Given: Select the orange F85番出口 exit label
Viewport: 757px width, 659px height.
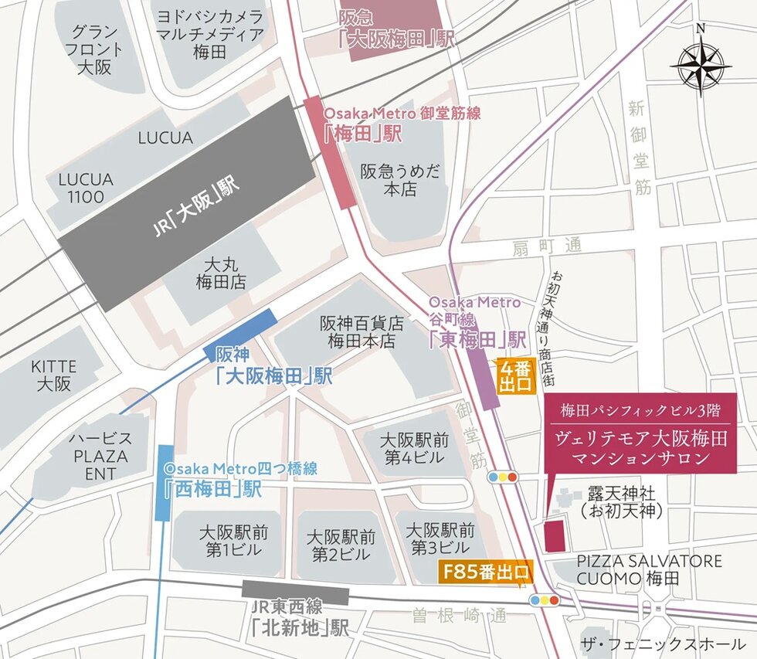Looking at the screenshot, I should point(486,572).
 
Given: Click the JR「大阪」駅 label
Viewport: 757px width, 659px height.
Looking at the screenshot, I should point(195,207).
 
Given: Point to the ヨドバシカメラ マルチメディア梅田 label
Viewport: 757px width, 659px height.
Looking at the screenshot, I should point(209,35).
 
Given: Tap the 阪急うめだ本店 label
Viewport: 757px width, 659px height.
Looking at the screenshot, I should point(399,179).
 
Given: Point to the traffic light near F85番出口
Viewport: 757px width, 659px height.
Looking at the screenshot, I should point(544,600).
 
